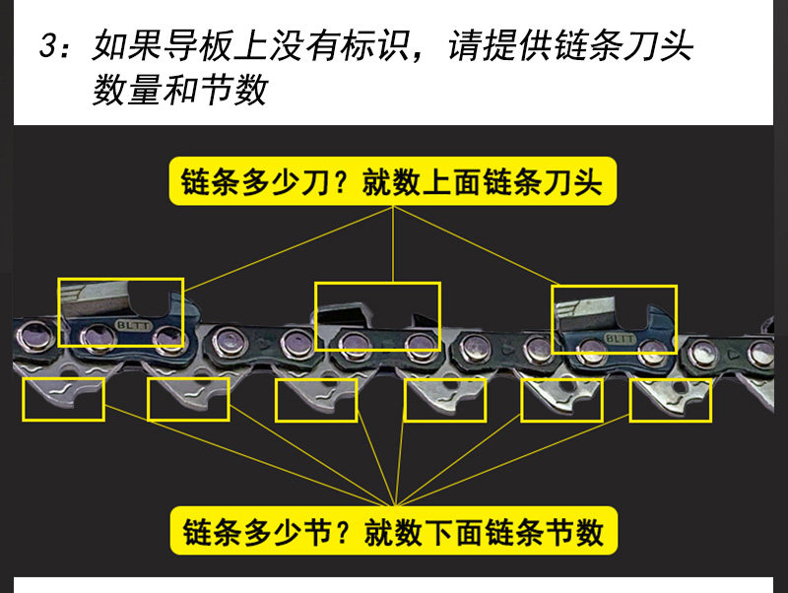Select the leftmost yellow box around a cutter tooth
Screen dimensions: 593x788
[x=121, y=312]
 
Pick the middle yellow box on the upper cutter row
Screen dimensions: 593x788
[x=377, y=317]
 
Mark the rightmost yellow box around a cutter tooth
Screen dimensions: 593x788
[x=614, y=319]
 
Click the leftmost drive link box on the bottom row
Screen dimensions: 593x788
[x=63, y=399]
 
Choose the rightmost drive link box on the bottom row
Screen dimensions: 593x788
[x=670, y=400]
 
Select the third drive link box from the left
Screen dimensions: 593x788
[x=316, y=400]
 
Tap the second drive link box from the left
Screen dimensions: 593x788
[x=188, y=399]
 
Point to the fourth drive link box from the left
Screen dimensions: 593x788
[x=444, y=400]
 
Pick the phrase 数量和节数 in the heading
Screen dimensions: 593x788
[x=180, y=91]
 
